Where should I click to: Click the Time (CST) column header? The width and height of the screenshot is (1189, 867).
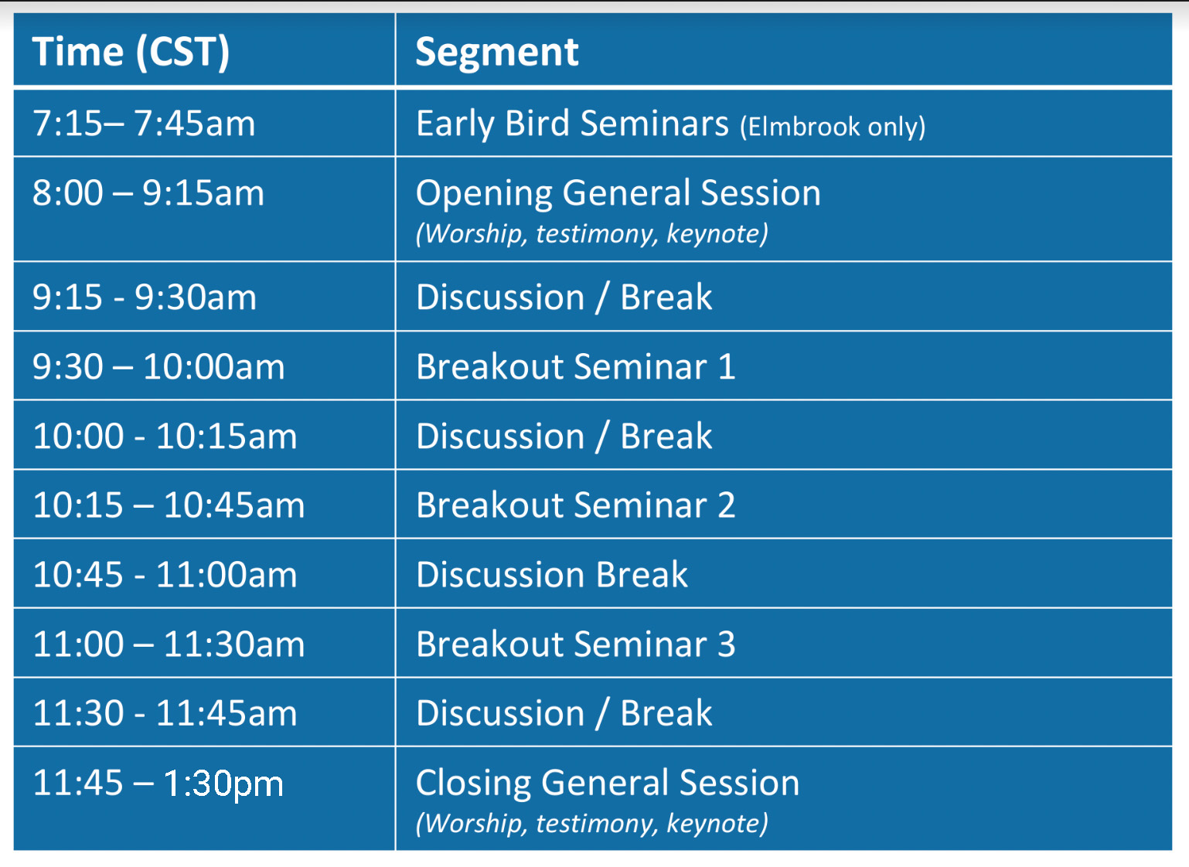coord(131,52)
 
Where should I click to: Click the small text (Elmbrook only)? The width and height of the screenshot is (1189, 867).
coord(833,127)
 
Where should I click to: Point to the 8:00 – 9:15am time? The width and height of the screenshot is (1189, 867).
coord(148,192)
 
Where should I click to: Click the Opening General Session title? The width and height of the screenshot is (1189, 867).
coord(618,192)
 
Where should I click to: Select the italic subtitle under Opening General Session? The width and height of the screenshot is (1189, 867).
coord(592,233)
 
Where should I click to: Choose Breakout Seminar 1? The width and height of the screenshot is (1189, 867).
coord(576,366)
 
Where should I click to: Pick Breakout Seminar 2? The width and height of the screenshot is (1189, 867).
coord(576,505)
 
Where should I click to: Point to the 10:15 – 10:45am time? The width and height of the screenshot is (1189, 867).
coord(169,505)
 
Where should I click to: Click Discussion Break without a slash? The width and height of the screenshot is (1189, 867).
coord(552,574)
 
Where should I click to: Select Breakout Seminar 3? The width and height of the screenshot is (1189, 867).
coord(576,644)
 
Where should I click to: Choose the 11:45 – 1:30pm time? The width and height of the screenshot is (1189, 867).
coord(158,784)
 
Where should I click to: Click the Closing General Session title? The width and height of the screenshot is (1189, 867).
coord(608,783)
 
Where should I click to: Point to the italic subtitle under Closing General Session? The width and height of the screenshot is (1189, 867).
coord(592,824)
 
